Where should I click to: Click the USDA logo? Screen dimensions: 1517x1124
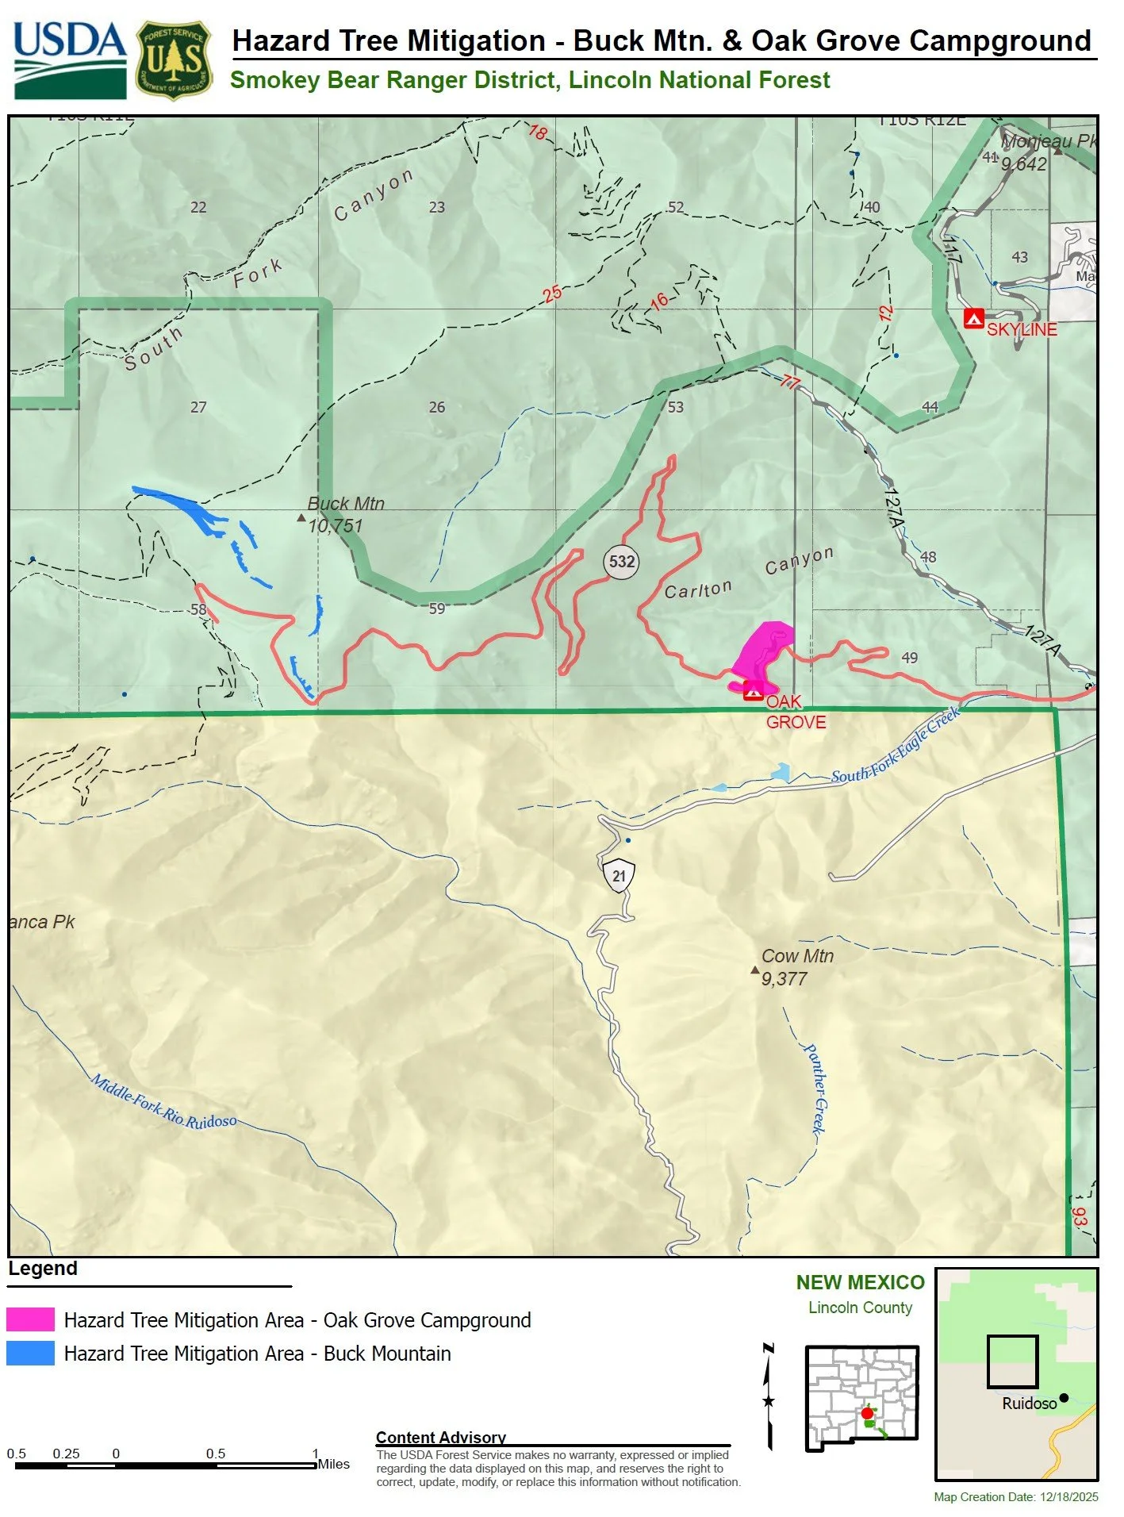click(x=70, y=60)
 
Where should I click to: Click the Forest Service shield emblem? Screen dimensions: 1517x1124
click(x=175, y=60)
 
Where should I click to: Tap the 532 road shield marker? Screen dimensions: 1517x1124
click(x=621, y=562)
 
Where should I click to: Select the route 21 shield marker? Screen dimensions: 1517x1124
click(x=619, y=876)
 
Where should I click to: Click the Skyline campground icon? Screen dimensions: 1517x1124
click(x=973, y=318)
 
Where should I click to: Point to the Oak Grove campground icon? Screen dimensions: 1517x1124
click(x=753, y=692)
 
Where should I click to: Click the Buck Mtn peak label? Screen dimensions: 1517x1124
click(x=346, y=505)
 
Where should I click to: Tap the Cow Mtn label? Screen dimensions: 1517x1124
click(x=797, y=957)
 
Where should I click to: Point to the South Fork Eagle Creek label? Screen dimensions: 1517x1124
click(x=896, y=746)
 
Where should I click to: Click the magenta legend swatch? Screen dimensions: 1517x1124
click(x=30, y=1319)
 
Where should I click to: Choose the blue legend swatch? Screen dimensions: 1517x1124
click(x=30, y=1354)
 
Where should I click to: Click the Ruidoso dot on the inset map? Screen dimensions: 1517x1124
click(x=1063, y=1398)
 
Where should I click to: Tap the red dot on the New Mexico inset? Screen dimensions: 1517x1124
click(x=866, y=1413)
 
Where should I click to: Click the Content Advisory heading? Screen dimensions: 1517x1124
click(x=440, y=1437)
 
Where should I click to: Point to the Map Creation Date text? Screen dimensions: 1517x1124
click(x=1015, y=1497)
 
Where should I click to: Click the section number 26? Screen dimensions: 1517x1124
click(x=437, y=407)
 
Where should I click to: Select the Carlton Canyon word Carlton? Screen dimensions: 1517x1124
click(x=698, y=590)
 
